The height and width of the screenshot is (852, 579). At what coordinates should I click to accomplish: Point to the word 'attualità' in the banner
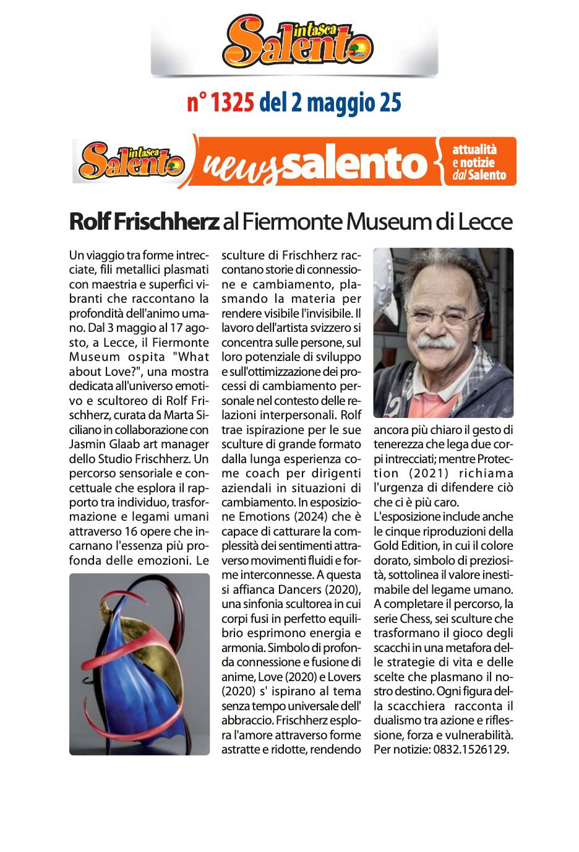click(x=475, y=149)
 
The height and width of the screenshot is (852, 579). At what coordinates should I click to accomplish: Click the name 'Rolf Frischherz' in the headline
click(x=144, y=221)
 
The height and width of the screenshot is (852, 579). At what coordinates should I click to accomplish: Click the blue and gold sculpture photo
click(x=139, y=664)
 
